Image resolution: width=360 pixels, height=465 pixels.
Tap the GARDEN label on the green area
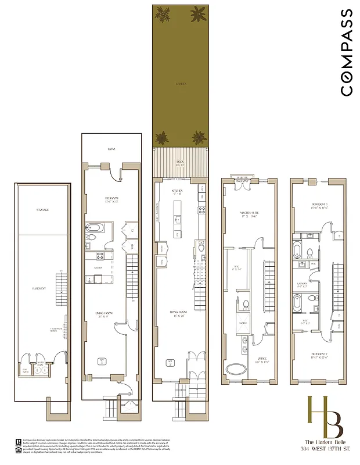click(x=181, y=84)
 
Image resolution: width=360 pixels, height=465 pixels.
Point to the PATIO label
click(x=111, y=149)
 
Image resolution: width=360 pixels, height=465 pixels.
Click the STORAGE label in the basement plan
click(x=42, y=210)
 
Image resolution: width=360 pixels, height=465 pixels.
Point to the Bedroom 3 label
click(x=312, y=206)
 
